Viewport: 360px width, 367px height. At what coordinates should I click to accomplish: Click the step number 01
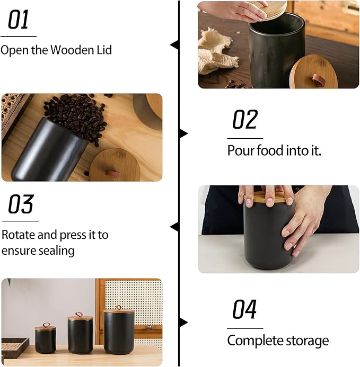tap(18, 20)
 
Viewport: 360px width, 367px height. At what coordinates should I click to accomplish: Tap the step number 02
tap(245, 120)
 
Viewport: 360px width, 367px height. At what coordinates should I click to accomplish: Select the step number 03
tap(21, 204)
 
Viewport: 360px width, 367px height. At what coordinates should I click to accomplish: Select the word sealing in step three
tap(56, 250)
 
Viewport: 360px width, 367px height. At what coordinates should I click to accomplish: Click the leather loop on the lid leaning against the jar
tap(318, 79)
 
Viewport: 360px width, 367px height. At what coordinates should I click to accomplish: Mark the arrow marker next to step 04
tap(183, 322)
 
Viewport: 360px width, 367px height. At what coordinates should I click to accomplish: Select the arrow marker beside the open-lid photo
tap(174, 45)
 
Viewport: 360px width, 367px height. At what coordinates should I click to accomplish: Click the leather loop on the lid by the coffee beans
tap(112, 173)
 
